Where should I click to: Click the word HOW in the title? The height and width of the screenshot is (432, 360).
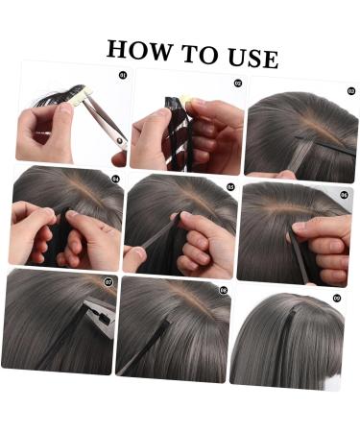[x=139, y=50]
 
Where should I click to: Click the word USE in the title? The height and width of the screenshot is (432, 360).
[x=253, y=59]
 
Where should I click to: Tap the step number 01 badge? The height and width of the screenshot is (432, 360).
[x=123, y=75]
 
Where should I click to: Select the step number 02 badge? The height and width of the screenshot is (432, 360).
[x=238, y=84]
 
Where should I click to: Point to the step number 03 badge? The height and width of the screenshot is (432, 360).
[x=351, y=91]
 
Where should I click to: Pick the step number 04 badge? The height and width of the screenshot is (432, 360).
[x=115, y=179]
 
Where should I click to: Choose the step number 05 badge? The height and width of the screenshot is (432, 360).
[x=230, y=187]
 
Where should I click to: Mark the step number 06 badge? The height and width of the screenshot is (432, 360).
[x=345, y=195]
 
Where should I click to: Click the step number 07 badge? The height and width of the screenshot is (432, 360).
[x=108, y=282]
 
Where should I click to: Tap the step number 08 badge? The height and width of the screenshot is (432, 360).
[x=224, y=290]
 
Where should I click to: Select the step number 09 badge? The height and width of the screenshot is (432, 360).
[x=337, y=299]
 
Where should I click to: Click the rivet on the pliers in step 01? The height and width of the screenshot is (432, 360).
[x=121, y=140]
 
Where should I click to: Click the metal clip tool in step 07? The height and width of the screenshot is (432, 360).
[x=100, y=315]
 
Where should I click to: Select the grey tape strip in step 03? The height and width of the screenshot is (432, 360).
[x=301, y=156]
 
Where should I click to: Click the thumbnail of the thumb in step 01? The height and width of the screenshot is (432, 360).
[x=66, y=109]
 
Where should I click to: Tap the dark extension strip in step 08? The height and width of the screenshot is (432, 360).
[x=145, y=348]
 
